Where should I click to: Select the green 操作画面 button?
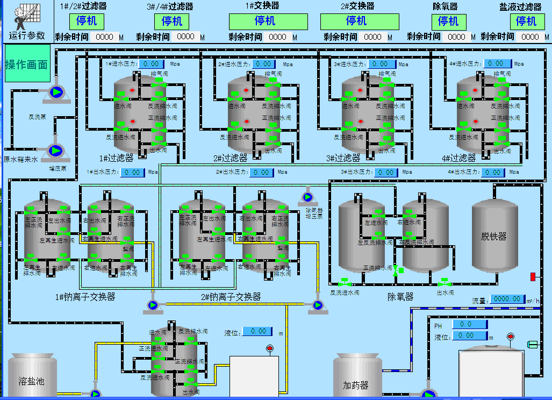coord(27,64)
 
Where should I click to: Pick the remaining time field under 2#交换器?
coord(373,37)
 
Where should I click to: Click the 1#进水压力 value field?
coord(150,63)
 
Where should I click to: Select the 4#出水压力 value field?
coord(493,172)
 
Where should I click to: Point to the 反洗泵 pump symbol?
coord(56,92)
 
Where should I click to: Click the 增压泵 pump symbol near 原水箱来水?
coord(55,151)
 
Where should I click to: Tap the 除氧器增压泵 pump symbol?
coord(308,198)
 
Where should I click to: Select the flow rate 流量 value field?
coord(507,298)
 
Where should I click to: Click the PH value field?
coord(470,324)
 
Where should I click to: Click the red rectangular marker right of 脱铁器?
coord(533,276)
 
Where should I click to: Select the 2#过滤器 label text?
coord(230,158)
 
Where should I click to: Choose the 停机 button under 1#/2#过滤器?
coord(87,22)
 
